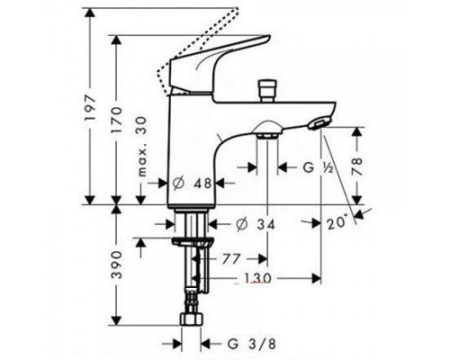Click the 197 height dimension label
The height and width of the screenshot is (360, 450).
click(90, 108)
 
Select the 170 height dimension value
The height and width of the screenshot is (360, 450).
click(117, 120)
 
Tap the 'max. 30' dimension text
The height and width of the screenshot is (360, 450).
click(143, 146)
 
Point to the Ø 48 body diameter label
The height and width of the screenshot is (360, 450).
click(193, 183)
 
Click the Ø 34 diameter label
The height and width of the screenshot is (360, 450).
click(256, 224)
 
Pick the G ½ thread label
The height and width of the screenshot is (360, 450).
click(318, 167)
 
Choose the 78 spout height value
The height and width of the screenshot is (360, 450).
click(357, 166)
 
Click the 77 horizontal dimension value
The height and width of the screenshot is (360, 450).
click(231, 259)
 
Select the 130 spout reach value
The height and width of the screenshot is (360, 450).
click(257, 278)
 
